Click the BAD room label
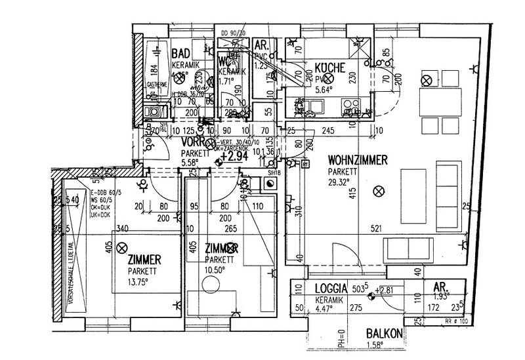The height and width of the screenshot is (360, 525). point(182,54)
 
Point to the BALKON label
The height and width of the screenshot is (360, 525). point(385,332)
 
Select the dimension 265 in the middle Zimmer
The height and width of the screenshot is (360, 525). point(211,229)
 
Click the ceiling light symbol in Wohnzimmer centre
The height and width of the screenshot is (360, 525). point(377,191)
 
